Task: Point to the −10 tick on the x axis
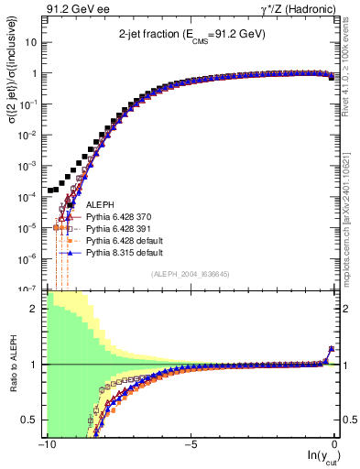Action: (x=45, y=444)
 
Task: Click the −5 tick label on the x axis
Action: (x=189, y=444)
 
